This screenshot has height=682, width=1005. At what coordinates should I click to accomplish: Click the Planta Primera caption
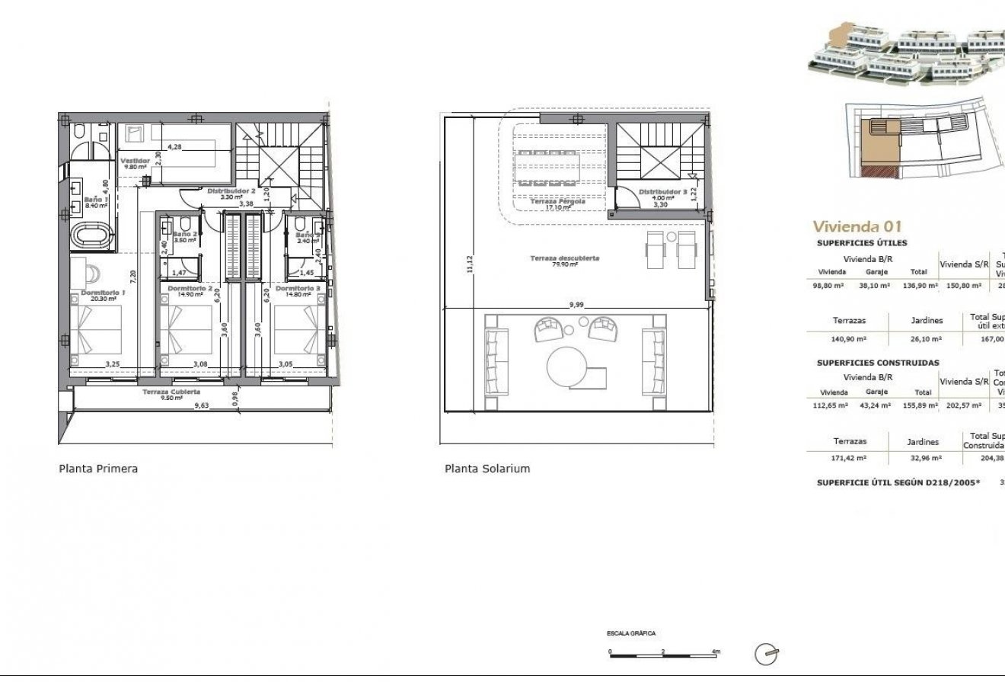98,469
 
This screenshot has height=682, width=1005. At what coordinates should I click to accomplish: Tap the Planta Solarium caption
487,469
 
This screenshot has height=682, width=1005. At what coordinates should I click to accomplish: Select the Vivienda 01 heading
857,226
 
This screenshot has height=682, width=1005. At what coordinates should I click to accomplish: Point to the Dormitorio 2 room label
190,289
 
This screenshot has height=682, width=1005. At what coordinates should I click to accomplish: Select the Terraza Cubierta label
171,392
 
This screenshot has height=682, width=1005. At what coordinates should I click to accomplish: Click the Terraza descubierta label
565,259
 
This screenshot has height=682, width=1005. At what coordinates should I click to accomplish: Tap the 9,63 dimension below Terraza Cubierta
202,406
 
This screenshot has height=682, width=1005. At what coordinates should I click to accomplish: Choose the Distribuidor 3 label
662,192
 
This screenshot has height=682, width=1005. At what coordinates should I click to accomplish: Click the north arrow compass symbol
766,654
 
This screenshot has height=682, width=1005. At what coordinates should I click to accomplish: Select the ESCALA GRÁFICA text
630,633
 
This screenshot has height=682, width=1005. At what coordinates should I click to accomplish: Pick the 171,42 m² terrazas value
850,459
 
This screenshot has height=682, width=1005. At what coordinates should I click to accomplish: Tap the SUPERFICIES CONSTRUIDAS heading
878,363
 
